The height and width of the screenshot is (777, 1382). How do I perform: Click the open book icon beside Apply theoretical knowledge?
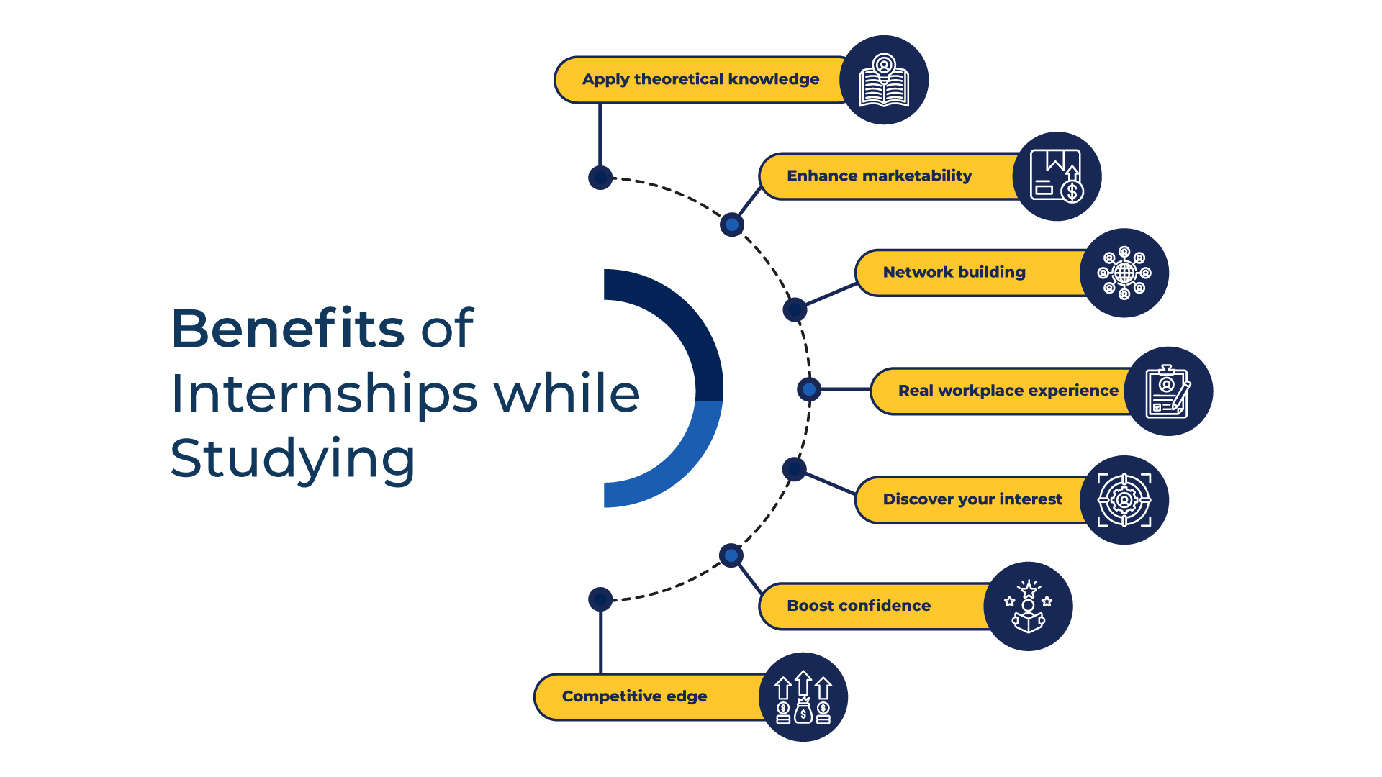click(x=884, y=80)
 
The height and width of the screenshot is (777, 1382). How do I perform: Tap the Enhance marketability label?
click(x=879, y=176)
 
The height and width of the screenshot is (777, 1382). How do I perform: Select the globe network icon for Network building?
click(x=1124, y=273)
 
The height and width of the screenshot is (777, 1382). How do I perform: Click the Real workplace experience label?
click(x=1008, y=391)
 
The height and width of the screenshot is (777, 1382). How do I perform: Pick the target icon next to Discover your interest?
click(x=1124, y=500)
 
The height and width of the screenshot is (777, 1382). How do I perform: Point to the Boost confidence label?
click(x=858, y=606)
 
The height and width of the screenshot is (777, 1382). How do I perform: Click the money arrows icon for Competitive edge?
click(x=803, y=697)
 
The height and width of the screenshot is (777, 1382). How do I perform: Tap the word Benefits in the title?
click(x=288, y=329)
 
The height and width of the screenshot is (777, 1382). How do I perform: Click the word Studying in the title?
click(x=293, y=459)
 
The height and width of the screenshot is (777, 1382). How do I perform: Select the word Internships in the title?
click(x=324, y=394)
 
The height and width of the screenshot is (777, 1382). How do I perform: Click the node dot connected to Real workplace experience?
click(x=809, y=389)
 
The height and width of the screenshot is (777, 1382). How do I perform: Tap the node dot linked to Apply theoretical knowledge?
click(x=600, y=177)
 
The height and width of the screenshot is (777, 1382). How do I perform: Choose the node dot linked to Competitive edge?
click(x=600, y=599)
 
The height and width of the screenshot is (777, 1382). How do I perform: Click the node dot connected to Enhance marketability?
click(x=731, y=224)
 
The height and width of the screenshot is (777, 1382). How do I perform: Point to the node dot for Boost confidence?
click(x=731, y=555)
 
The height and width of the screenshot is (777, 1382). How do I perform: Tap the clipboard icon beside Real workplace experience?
click(x=1168, y=391)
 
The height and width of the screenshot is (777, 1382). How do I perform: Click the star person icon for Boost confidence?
click(x=1028, y=606)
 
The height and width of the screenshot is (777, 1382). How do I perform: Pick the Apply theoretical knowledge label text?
click(x=700, y=80)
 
